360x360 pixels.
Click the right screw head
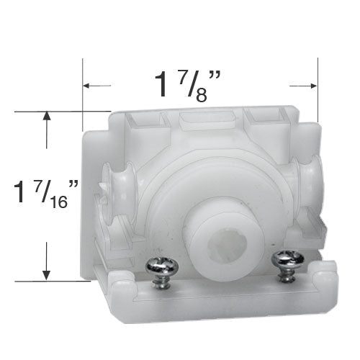click(x=288, y=259)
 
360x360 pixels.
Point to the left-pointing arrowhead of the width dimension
click(x=86, y=86)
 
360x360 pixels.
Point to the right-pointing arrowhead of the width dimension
click(x=314, y=86)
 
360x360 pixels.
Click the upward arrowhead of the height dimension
click(x=46, y=116)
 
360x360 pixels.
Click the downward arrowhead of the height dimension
click(x=46, y=275)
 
